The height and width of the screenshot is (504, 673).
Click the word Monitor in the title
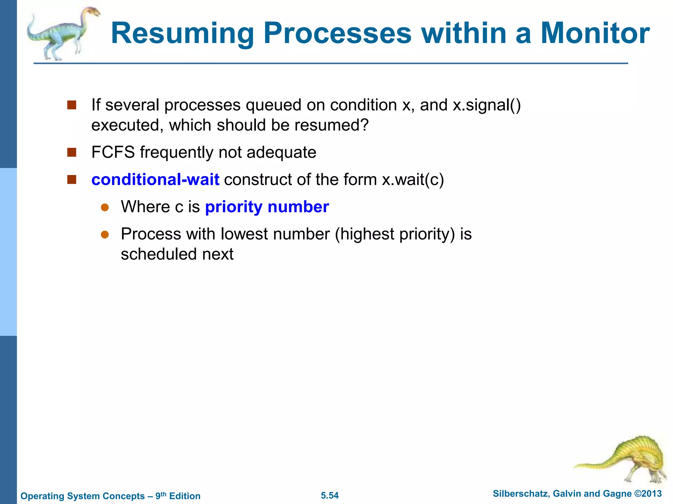595,33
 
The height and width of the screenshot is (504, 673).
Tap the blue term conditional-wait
155,180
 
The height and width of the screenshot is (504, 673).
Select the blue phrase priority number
267,207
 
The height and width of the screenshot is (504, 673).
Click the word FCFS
113,153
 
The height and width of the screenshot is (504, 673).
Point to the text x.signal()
487,105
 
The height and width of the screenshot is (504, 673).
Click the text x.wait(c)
413,180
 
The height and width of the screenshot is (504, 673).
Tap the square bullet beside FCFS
72,152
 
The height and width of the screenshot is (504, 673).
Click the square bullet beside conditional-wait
72,179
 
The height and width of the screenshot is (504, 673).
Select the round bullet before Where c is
105,207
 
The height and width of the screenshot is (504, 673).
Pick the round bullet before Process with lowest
105,234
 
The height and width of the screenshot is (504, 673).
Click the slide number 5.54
330,495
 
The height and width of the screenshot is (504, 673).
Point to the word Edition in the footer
185,496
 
